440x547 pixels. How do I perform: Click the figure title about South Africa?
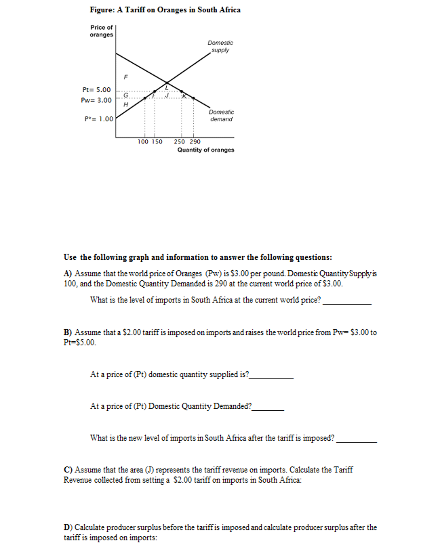[x=165, y=10]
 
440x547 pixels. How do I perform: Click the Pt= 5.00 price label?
[x=96, y=90]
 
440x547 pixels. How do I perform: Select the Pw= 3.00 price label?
[x=96, y=100]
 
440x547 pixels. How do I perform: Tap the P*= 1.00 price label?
[x=99, y=119]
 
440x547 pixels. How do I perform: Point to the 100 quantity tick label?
[x=143, y=142]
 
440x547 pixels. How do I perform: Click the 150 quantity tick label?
[x=157, y=142]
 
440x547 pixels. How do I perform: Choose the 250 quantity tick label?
[x=179, y=142]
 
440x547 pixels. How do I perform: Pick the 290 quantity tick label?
[x=195, y=142]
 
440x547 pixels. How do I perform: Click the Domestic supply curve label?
[x=220, y=46]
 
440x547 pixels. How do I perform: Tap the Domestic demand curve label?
[x=221, y=115]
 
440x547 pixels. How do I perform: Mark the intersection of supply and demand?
[x=167, y=82]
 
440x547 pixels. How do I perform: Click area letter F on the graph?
[x=126, y=77]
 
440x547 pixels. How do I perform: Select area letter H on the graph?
[x=126, y=105]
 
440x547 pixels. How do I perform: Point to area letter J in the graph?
[x=167, y=95]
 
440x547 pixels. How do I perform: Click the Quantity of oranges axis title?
[x=205, y=150]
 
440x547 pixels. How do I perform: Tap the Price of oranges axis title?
[x=101, y=31]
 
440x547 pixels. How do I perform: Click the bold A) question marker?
[x=68, y=273]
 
